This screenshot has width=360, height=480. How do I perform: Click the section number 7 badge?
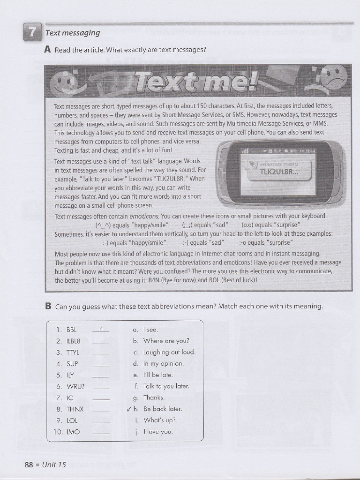[32, 32]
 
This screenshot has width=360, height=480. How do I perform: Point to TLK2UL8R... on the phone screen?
[279, 172]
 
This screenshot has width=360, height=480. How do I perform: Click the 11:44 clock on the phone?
[310, 151]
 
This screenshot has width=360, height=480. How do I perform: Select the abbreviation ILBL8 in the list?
[74, 341]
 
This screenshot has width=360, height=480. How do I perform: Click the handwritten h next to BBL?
[101, 329]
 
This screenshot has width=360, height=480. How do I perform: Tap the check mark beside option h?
[129, 409]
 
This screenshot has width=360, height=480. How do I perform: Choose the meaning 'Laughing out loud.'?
[169, 352]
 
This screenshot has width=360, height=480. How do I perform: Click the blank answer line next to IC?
[101, 400]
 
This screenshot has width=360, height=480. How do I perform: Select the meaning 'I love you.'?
[158, 432]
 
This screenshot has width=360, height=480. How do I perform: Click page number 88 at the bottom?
[29, 465]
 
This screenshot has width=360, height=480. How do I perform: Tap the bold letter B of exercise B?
[48, 306]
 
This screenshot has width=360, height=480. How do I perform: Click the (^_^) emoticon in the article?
[103, 225]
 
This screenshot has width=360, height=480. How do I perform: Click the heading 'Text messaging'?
[73, 33]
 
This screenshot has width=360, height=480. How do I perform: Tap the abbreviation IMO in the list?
[73, 432]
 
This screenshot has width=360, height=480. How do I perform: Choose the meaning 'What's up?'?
[160, 420]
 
